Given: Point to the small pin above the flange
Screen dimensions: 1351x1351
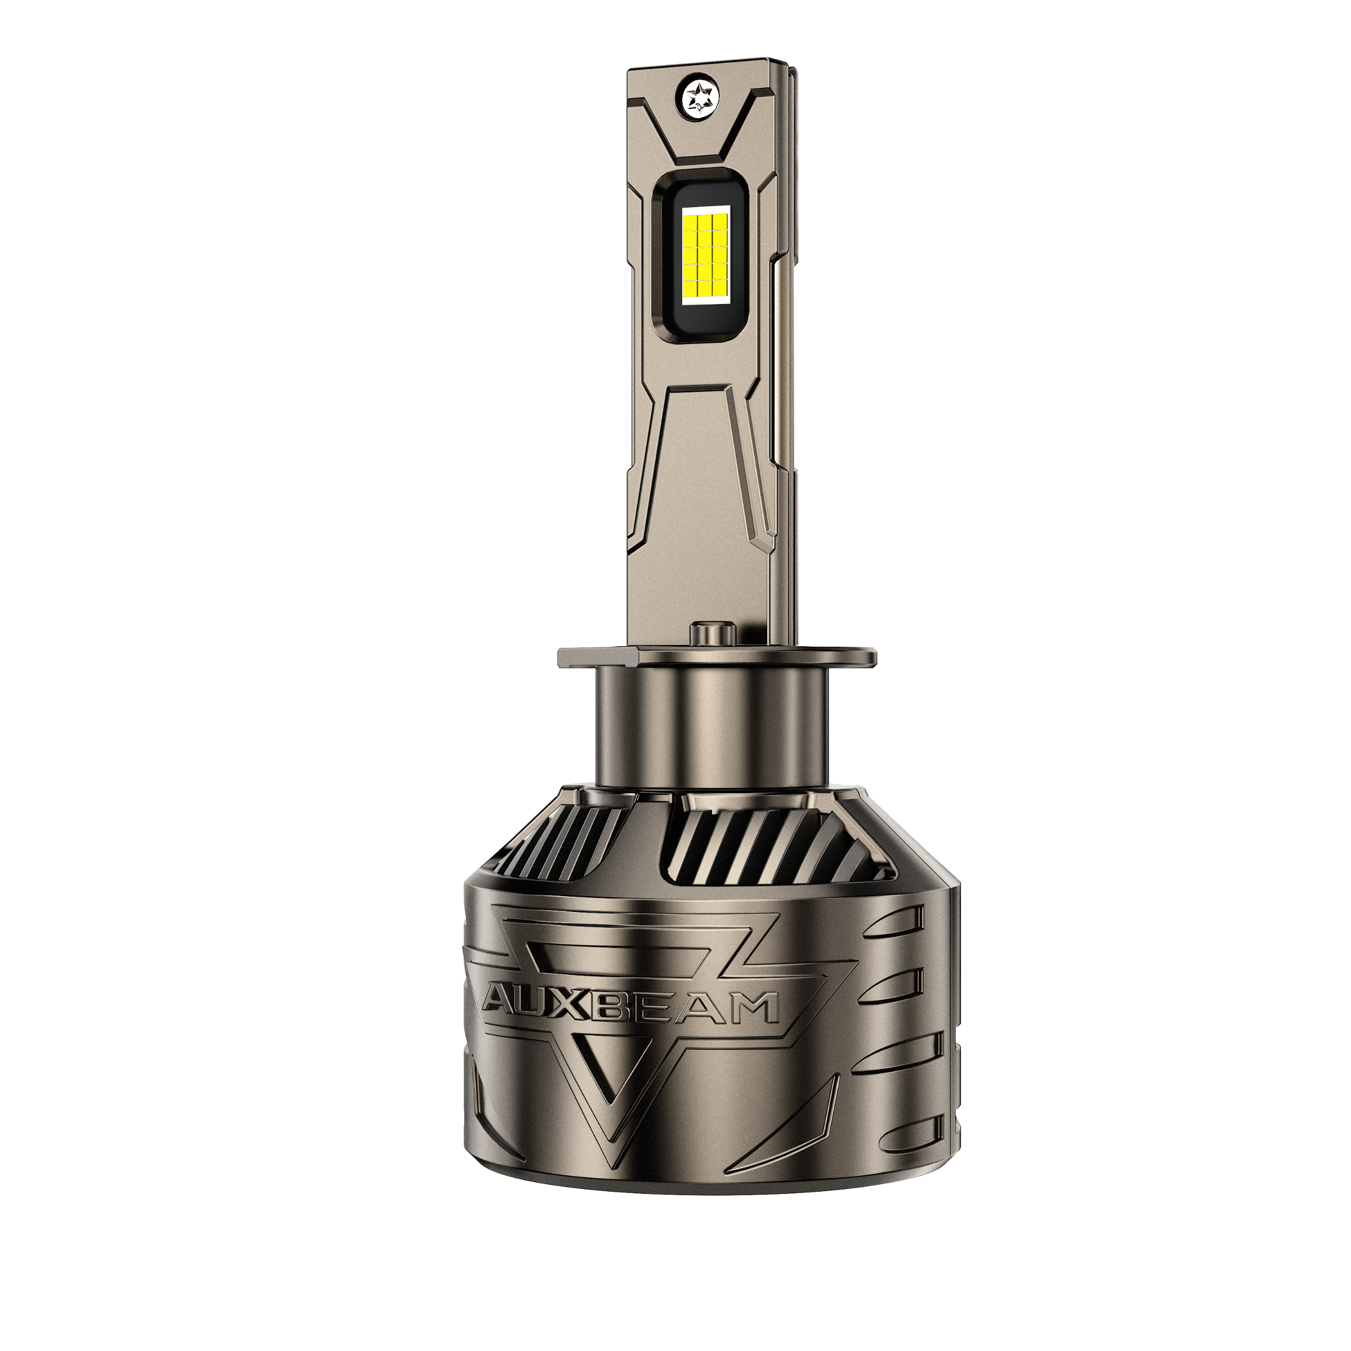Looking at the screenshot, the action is click(x=713, y=634).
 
